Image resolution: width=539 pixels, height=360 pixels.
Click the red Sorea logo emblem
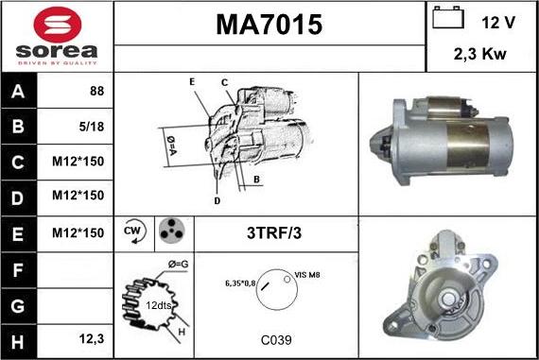[58, 25]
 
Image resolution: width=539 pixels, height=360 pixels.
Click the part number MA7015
[269, 25]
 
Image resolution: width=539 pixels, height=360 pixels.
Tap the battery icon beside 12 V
[448, 18]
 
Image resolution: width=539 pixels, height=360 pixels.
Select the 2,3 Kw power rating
[479, 54]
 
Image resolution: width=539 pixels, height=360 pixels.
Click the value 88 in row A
[97, 91]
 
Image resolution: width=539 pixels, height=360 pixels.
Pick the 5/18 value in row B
[92, 127]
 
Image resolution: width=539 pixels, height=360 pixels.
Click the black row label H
[18, 342]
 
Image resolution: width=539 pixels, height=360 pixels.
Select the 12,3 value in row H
[92, 339]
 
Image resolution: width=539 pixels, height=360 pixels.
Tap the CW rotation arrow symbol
[134, 231]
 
